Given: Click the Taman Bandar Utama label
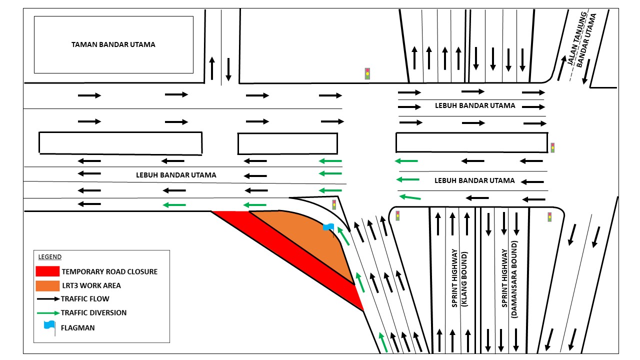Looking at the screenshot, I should tap(113, 44).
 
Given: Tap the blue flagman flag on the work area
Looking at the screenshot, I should tap(328, 227).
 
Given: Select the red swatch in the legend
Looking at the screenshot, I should tap(47, 271).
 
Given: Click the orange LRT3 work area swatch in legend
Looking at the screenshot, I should tap(47, 285).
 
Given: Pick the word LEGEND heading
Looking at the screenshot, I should tap(50, 257).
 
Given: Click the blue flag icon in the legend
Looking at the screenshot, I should tap(49, 325).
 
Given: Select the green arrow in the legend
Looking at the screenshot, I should tap(47, 312).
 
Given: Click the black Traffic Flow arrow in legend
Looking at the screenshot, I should tap(47, 299).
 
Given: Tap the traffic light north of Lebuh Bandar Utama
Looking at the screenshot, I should tap(367, 73).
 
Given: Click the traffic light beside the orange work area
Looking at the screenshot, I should tap(334, 204).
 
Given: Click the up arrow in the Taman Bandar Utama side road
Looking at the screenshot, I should tap(212, 68).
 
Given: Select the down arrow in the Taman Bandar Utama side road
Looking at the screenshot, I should tap(228, 69).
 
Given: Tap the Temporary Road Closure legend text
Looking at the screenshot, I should tap(109, 271).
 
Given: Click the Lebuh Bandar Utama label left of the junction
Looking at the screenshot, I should tap(176, 175).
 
